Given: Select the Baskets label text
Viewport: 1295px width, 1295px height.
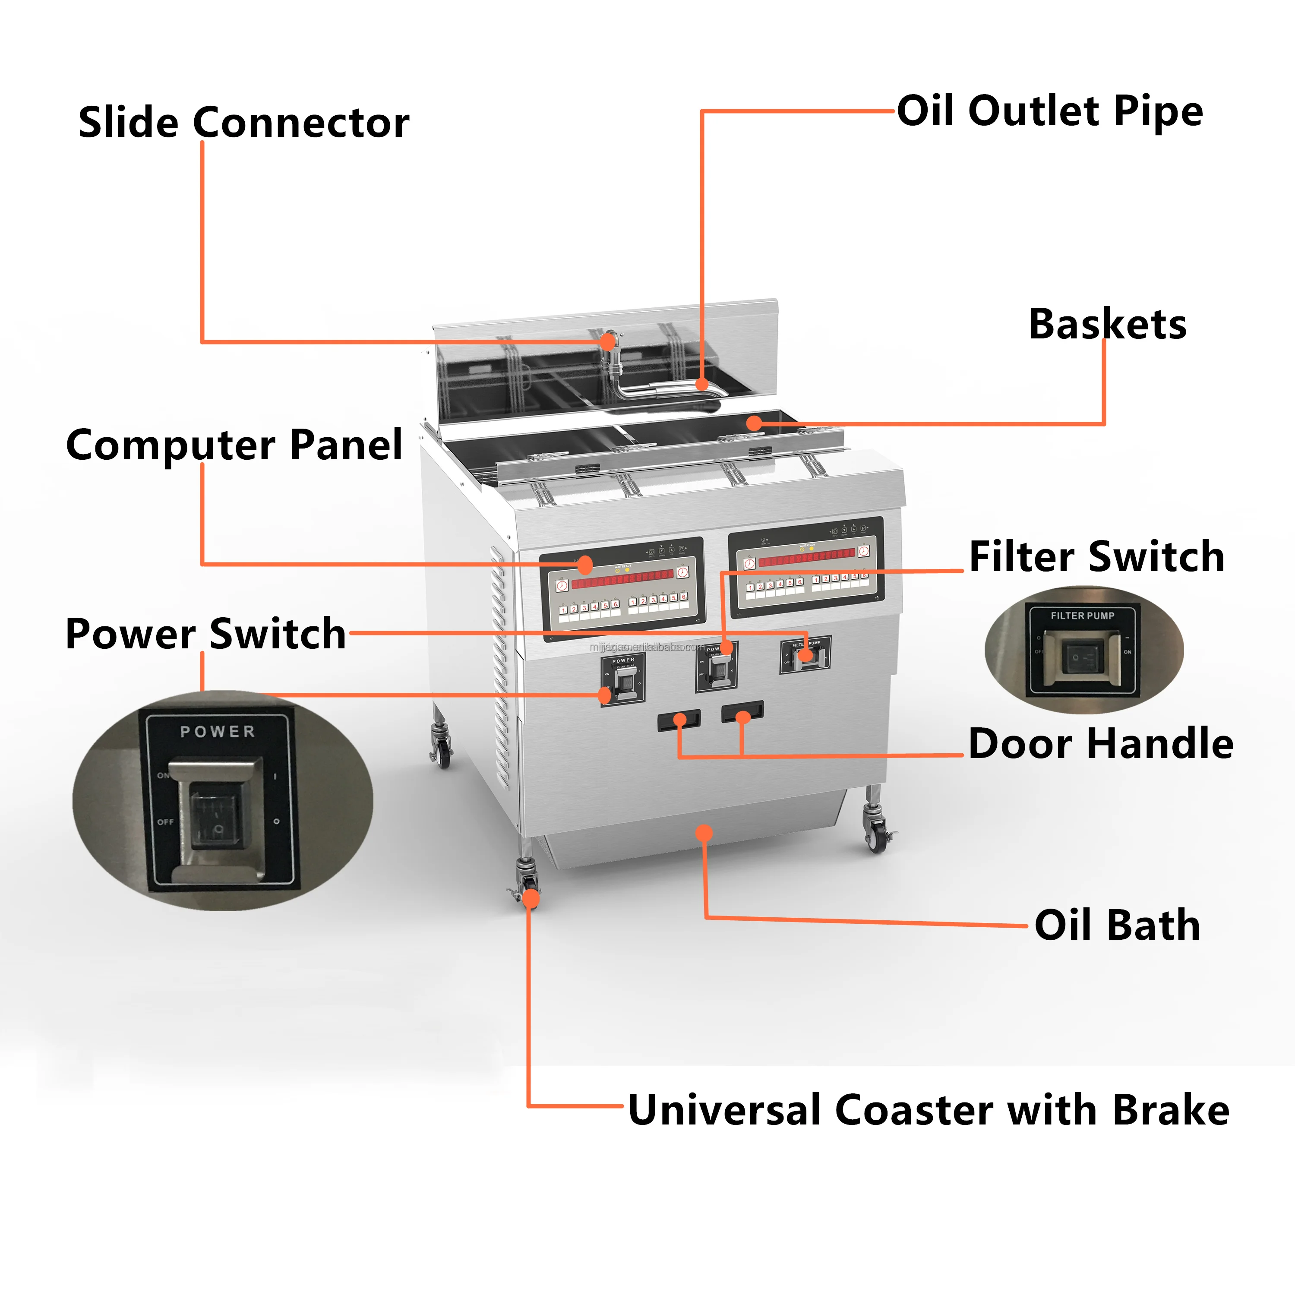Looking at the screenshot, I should (1107, 325).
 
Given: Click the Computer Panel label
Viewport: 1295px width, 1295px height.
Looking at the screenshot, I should (234, 445).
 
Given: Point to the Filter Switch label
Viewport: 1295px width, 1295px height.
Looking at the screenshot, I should (1096, 556).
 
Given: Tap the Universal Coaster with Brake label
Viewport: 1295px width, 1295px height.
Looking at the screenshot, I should (929, 1109).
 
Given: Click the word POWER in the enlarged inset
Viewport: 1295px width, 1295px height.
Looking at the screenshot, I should (218, 731).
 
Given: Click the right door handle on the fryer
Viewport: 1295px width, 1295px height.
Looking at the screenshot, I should (742, 711).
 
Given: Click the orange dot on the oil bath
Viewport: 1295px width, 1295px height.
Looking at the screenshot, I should (704, 833).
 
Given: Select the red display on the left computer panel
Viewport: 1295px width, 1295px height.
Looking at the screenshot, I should (623, 578).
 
